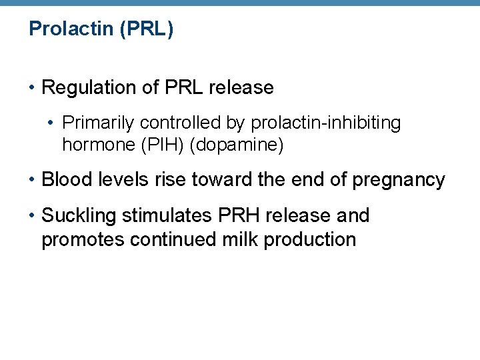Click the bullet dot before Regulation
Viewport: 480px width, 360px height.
pos(33,88)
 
